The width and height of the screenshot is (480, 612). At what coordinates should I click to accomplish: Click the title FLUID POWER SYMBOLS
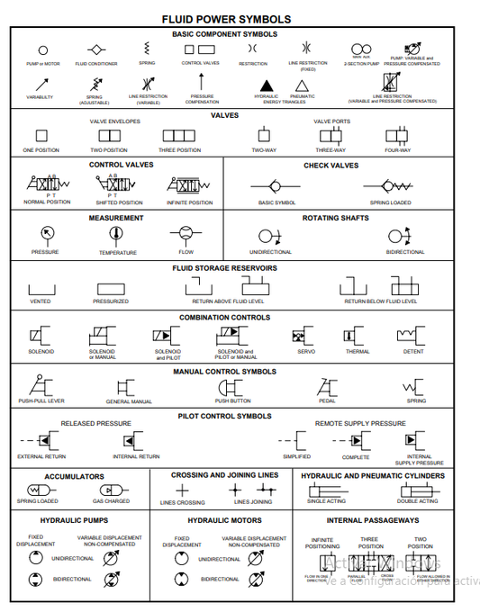tap(226, 18)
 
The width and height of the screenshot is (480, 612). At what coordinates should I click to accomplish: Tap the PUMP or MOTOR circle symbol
tap(43, 49)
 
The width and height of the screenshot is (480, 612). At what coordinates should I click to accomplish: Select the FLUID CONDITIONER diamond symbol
tap(96, 49)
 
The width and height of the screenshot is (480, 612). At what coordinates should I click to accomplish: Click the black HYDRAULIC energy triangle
tap(266, 84)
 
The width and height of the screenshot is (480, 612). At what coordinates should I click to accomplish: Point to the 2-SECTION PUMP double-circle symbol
tap(361, 49)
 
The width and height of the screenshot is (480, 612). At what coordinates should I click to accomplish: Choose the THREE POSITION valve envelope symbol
tap(180, 136)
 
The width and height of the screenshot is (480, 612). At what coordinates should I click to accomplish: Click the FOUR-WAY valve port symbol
tap(397, 136)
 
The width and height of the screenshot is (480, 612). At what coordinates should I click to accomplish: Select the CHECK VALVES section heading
tap(331, 166)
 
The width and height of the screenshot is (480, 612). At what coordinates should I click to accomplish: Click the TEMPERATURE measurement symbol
tap(115, 234)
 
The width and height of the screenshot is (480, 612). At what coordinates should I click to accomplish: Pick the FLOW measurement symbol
tap(186, 234)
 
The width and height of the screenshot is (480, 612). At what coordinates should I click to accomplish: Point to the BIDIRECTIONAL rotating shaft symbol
tap(400, 236)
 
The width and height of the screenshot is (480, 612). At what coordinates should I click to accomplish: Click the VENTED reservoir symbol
tap(41, 289)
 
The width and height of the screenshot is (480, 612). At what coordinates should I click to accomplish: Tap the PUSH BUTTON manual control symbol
tap(232, 387)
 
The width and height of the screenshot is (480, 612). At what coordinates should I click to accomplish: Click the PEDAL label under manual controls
tap(327, 400)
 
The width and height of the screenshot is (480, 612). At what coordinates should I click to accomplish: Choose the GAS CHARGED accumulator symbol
tap(111, 490)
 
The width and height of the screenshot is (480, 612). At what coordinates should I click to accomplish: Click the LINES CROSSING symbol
tap(182, 490)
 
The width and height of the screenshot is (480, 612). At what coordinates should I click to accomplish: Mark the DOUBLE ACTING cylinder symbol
tap(417, 490)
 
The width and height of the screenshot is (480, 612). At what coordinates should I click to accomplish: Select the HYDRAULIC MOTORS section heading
tap(224, 520)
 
